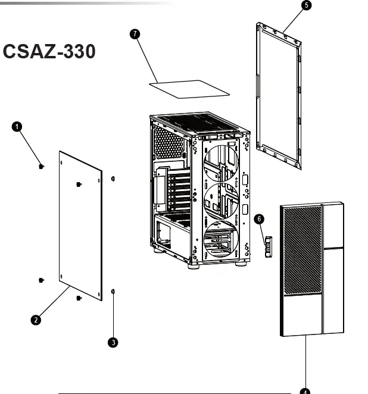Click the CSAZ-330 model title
point(49,52)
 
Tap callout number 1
point(17,126)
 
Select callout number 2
point(36,320)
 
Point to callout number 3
point(113,342)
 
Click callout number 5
point(306,5)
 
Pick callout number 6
point(259,218)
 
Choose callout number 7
point(135,33)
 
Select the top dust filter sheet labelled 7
point(188,88)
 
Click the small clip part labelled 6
point(268,245)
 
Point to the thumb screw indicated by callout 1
point(40,167)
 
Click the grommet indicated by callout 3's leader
point(113,290)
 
